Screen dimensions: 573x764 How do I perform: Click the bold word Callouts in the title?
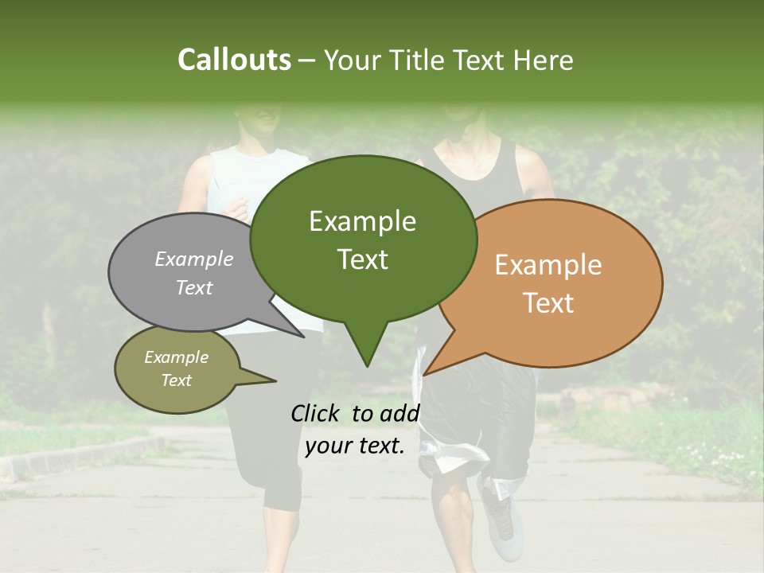[x=234, y=60]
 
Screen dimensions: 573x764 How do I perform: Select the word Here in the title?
[x=544, y=60]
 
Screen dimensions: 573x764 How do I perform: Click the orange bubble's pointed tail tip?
[x=424, y=374]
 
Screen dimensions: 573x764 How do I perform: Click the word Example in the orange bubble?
[x=548, y=265]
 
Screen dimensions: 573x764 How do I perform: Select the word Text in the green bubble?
[x=363, y=259]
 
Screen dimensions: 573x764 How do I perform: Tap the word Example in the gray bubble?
[x=194, y=259]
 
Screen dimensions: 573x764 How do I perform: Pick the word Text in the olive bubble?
[x=177, y=380]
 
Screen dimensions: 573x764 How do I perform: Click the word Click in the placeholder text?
[x=317, y=413]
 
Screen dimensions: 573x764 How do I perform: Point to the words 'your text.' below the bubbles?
[x=355, y=446]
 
